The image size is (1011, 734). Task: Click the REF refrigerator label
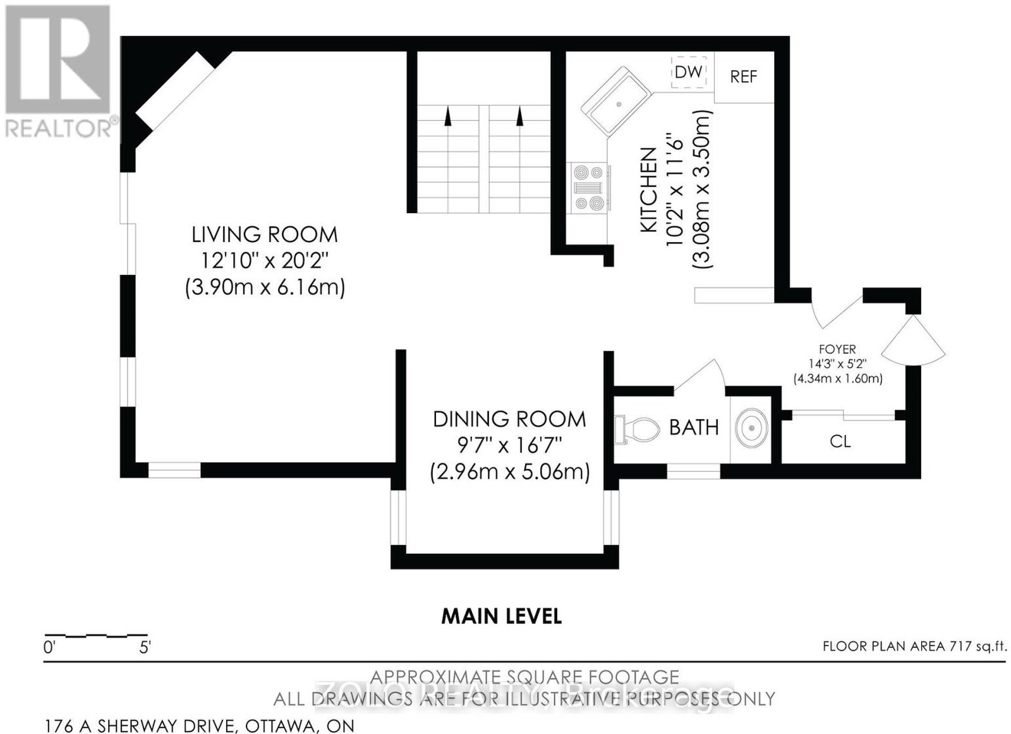click(x=743, y=76)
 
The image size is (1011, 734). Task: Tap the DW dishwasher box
click(x=688, y=72)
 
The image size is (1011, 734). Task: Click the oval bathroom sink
click(x=751, y=427)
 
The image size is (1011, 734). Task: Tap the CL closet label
click(x=840, y=441)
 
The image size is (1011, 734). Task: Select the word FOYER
click(x=837, y=349)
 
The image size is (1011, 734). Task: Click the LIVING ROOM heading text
click(x=265, y=235)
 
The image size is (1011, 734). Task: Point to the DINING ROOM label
click(x=509, y=419)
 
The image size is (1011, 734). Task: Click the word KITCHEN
click(x=648, y=191)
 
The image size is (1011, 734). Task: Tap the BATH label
click(x=694, y=427)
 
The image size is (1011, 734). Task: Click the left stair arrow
click(x=447, y=116)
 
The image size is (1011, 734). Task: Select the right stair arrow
click(x=519, y=116)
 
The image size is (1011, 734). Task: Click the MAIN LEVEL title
click(x=502, y=616)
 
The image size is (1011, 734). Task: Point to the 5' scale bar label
click(x=145, y=648)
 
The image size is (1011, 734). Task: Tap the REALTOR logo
click(x=59, y=71)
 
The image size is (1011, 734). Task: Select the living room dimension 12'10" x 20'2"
click(x=265, y=260)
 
